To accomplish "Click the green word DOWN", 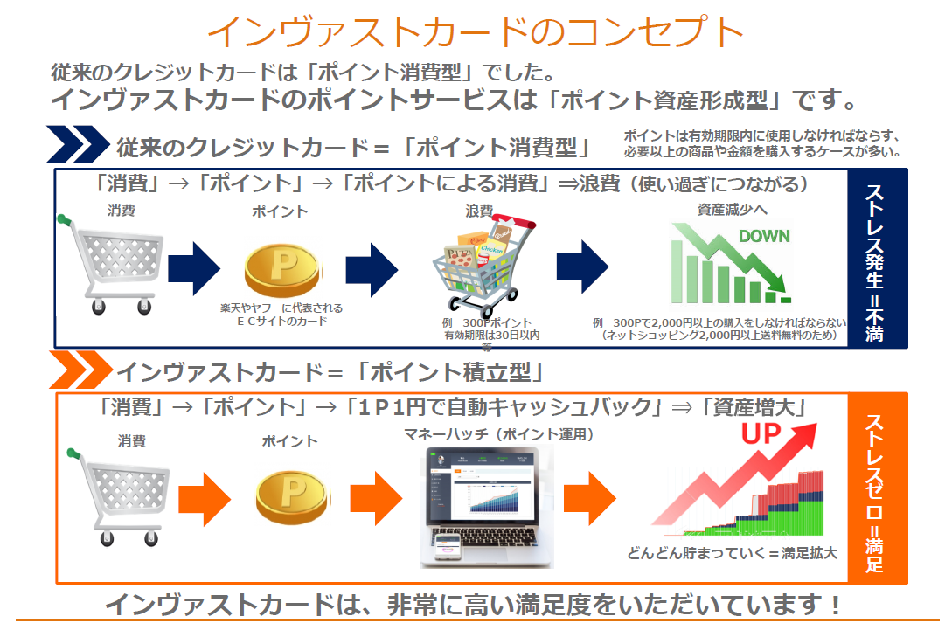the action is pyautogui.click(x=764, y=236).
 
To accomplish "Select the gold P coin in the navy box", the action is pyautogui.click(x=280, y=267).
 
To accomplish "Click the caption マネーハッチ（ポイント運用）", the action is pyautogui.click(x=497, y=433).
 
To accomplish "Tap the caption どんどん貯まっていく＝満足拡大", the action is pyautogui.click(x=732, y=552).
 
